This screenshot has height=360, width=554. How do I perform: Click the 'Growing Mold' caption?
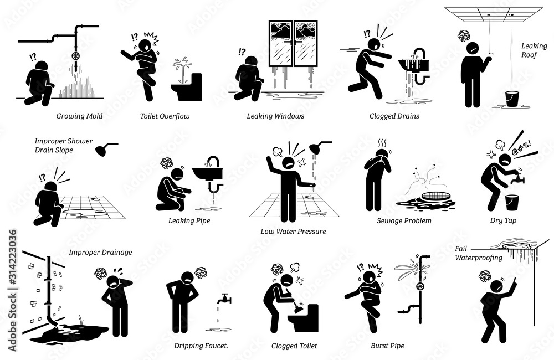point(79,116)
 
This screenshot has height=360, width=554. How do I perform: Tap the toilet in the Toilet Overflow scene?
point(187,88)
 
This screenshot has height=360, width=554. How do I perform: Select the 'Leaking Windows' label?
point(275,116)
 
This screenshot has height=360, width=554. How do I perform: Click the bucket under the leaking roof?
point(512,99)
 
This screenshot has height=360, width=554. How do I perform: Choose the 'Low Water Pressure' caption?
point(293,232)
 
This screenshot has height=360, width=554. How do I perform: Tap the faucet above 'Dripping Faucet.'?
point(224,299)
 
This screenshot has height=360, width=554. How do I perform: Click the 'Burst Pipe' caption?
point(387,346)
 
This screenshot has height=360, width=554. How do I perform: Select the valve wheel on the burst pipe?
point(420,286)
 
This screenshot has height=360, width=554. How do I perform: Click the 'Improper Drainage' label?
point(100,253)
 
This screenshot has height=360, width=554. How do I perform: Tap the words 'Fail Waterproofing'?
point(479,253)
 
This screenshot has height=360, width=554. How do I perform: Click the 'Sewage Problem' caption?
point(404,221)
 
